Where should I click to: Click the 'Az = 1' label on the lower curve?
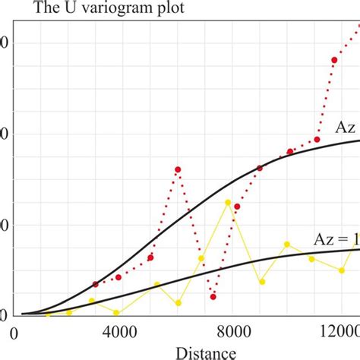[335, 238]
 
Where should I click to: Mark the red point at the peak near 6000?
[178, 169]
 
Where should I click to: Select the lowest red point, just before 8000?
[214, 296]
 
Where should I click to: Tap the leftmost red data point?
[95, 284]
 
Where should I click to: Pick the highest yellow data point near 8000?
[228, 202]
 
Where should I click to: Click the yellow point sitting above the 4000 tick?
[116, 312]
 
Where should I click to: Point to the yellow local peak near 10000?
[287, 245]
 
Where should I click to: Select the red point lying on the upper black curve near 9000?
[260, 168]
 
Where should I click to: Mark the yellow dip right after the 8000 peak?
[262, 282]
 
